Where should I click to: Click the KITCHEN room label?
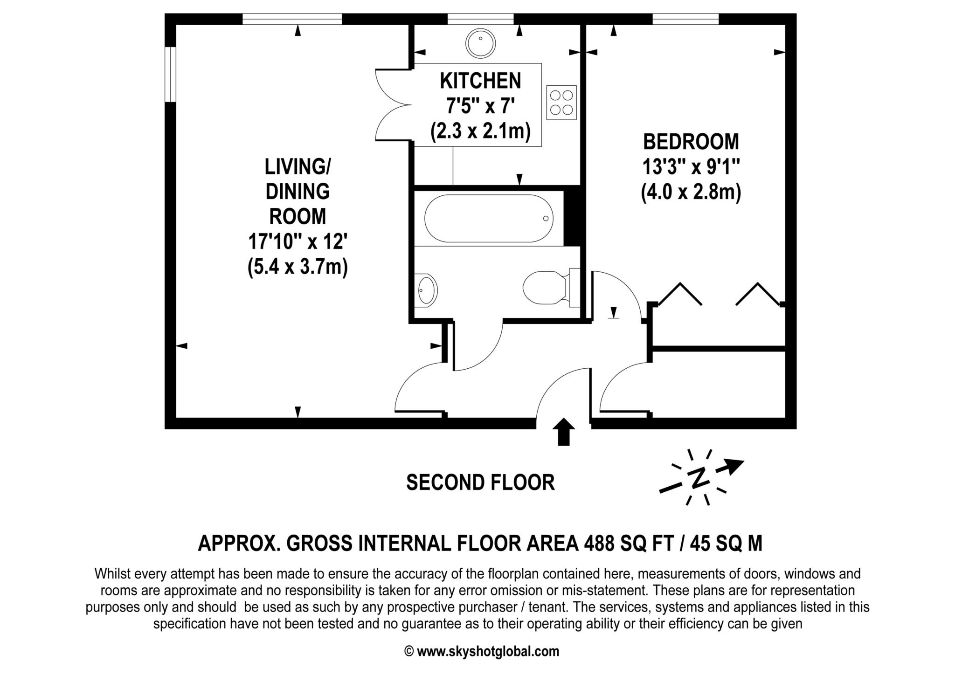click(x=480, y=81)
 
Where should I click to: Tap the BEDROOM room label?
click(x=691, y=142)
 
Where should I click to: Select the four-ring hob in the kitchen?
click(x=561, y=103)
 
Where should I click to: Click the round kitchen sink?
click(x=480, y=43)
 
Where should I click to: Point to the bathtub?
click(x=489, y=218)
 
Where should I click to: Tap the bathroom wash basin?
click(x=426, y=290)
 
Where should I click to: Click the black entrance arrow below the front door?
click(x=564, y=432)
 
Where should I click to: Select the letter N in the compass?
click(x=698, y=478)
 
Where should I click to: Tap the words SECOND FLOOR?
click(x=480, y=482)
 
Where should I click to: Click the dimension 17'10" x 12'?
click(x=298, y=241)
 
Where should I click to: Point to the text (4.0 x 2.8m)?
click(x=691, y=193)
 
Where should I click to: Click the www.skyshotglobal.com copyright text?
click(x=482, y=651)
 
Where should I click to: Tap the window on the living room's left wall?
click(x=171, y=74)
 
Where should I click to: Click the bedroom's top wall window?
click(x=685, y=19)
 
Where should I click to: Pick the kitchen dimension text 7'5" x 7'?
click(x=480, y=107)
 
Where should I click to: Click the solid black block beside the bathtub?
click(x=572, y=217)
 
